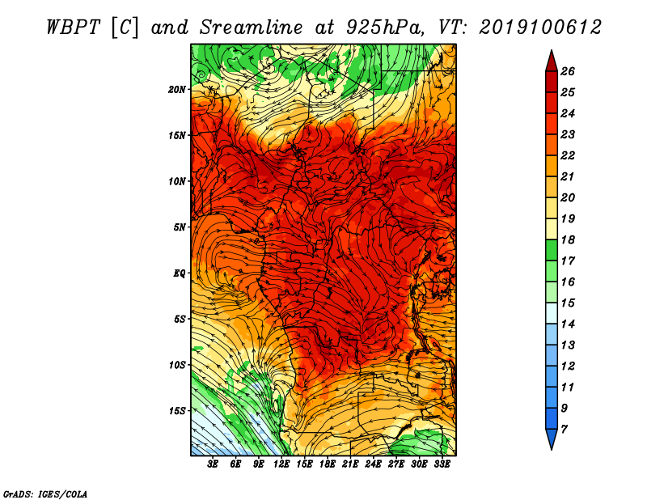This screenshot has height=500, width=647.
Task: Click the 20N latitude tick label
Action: click(x=177, y=90)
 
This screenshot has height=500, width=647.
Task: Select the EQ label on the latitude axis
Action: click(x=180, y=273)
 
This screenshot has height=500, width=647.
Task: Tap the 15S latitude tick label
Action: click(x=177, y=411)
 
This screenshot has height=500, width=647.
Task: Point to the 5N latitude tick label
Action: click(x=180, y=227)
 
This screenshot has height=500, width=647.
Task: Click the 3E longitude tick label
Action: click(x=213, y=464)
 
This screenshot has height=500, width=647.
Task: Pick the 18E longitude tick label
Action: click(x=328, y=464)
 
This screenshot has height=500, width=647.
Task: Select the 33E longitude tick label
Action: click(x=442, y=464)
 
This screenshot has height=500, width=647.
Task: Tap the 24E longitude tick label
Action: click(x=373, y=464)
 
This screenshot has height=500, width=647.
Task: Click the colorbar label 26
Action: click(x=568, y=71)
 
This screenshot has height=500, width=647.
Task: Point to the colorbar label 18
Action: click(x=568, y=239)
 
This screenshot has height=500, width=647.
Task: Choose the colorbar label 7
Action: click(x=564, y=430)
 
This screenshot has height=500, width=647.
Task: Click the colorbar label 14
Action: click(x=568, y=324)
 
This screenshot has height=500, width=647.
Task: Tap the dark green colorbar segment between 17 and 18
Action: click(x=552, y=250)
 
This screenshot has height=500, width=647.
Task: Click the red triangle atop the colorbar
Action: click(x=552, y=62)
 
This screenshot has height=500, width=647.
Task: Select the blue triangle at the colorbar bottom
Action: click(x=552, y=439)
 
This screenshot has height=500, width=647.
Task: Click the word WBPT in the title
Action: click(x=73, y=28)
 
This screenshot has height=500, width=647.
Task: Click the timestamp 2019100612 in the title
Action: click(x=540, y=28)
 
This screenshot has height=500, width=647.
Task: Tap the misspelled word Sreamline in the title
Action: click(x=251, y=28)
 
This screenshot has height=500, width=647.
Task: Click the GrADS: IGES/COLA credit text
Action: click(x=45, y=494)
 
